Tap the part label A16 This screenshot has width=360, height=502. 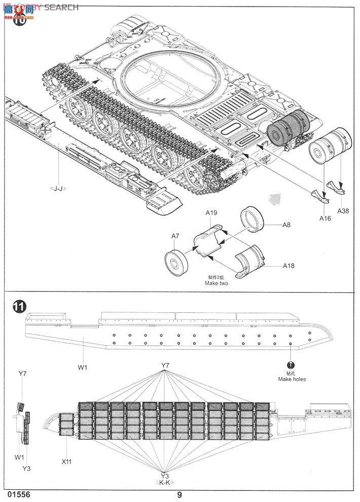325,219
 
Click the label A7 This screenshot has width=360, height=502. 175,236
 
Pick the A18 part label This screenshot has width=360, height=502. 289,265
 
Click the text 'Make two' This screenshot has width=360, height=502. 217,283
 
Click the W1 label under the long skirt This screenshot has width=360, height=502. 83,368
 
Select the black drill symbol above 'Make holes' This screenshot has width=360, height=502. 291,365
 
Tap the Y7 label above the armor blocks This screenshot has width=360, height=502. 165,365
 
